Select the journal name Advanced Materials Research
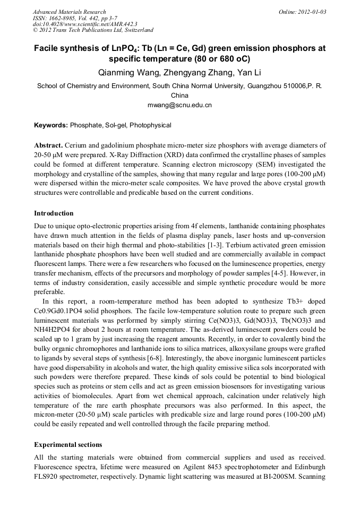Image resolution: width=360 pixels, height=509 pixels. [69, 12]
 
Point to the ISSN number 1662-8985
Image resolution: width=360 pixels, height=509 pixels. [62, 18]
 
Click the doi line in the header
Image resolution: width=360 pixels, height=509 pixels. [85, 24]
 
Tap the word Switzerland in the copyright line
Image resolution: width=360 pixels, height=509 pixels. [138, 30]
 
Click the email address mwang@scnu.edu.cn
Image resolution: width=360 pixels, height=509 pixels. [179, 105]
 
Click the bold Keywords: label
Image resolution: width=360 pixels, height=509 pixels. [51, 125]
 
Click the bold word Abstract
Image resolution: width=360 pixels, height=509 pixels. [48, 145]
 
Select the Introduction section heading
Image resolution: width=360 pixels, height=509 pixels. [54, 213]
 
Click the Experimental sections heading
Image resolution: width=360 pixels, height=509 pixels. [68, 444]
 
